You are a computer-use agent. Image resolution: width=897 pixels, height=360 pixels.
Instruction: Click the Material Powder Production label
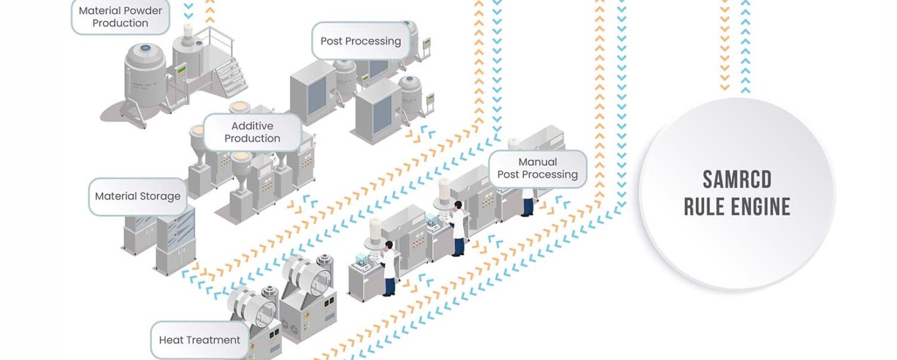click(120, 16)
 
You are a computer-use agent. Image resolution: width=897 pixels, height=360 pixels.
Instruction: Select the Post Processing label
click(360, 41)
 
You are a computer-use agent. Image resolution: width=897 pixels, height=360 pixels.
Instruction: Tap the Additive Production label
click(252, 132)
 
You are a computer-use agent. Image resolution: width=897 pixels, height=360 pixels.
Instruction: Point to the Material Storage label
click(137, 196)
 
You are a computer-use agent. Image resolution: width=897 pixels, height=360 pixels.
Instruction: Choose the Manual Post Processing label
click(537, 168)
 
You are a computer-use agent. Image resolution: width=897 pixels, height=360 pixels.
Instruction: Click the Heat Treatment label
click(199, 340)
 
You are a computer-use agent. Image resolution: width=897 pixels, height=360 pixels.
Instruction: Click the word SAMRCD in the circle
click(737, 179)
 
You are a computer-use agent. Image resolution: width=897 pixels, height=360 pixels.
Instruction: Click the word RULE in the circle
click(699, 207)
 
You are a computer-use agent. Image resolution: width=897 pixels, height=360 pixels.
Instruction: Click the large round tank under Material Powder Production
click(146, 72)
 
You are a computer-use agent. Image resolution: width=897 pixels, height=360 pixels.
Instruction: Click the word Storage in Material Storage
click(160, 196)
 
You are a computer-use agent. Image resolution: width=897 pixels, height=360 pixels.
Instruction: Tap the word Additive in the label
click(252, 126)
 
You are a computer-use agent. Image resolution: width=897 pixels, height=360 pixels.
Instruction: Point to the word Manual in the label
click(538, 162)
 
